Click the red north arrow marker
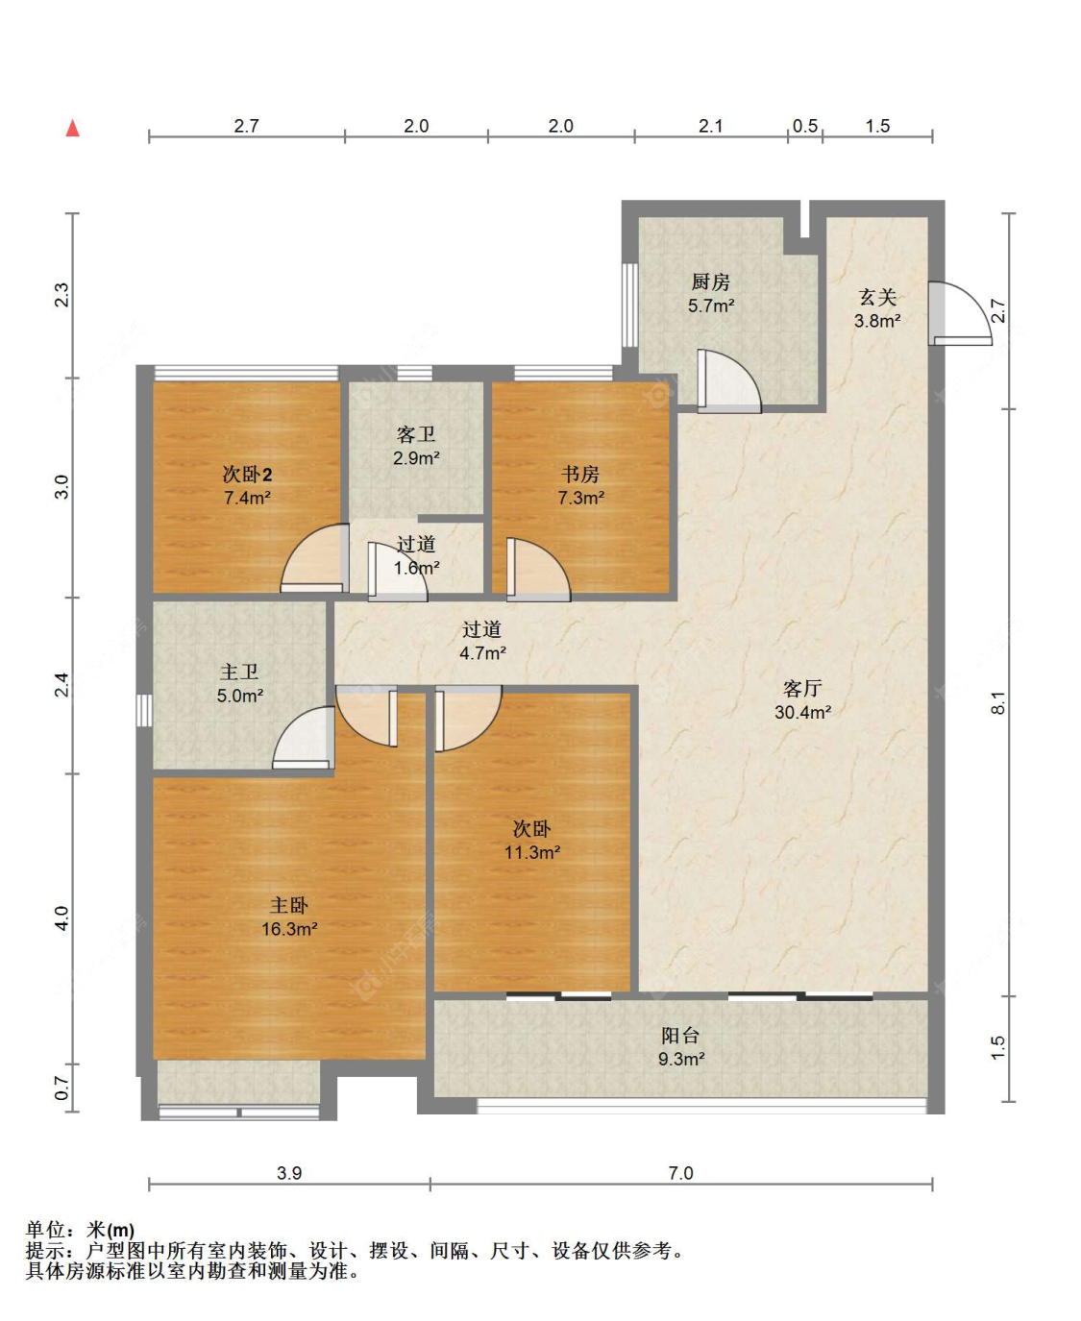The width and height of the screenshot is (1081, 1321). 73,128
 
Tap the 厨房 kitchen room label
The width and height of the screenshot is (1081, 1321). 711,281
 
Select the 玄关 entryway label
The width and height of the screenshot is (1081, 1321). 877,297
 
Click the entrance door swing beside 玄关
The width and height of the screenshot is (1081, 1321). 960,313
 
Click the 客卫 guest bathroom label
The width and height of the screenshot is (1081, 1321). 416,434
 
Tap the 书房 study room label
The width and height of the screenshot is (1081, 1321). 580,475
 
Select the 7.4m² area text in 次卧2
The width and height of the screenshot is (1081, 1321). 247,498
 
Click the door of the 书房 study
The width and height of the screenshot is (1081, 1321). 538,570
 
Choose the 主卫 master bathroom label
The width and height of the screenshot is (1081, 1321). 238,673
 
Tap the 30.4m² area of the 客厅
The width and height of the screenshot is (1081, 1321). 802,712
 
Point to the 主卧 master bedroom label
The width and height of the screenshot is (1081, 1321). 289,905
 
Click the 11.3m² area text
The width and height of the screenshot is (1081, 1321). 532,852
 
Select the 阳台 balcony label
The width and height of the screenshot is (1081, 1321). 680,1036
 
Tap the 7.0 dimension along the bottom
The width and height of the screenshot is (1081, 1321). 680,1172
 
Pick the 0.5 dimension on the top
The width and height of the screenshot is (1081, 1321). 804,126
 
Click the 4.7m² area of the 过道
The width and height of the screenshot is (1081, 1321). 482,653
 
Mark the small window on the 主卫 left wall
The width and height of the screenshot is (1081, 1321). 144,710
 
